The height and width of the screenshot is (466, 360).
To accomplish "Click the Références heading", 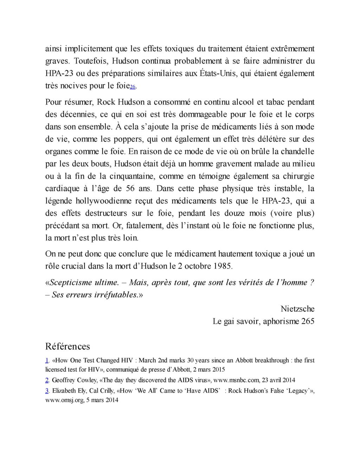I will click(x=67, y=346).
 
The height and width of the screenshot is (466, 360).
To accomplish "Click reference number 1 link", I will click(x=47, y=360).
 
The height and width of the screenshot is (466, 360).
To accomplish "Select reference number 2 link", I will click(x=47, y=380).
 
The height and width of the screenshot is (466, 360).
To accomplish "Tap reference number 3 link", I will click(x=47, y=391).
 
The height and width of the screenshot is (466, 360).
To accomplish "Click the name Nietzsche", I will click(x=297, y=309).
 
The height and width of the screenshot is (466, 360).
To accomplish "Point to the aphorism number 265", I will click(x=308, y=321).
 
